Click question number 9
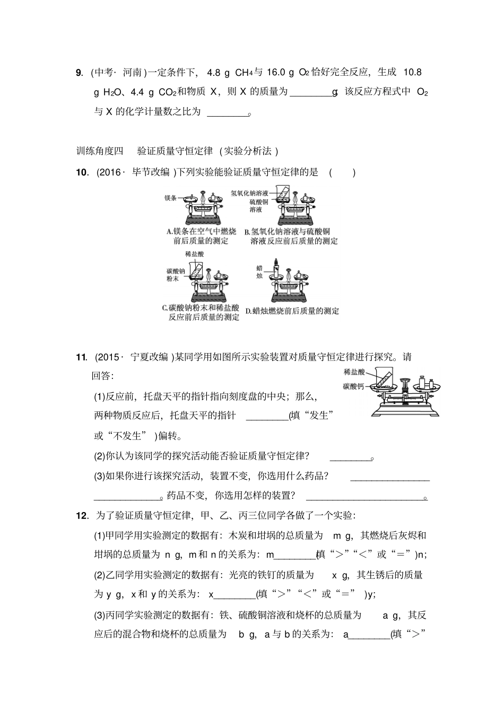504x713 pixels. pos(79,73)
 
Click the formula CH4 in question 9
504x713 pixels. pos(244,73)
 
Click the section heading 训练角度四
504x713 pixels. pos(100,151)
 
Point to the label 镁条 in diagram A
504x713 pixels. pos(170,198)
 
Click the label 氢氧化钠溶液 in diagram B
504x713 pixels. pos(249,193)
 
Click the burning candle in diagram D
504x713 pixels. pos(276,268)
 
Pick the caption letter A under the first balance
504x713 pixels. pos(169,232)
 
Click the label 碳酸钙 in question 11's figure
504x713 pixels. pos(353,386)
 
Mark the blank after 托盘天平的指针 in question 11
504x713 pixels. pos(267,416)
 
